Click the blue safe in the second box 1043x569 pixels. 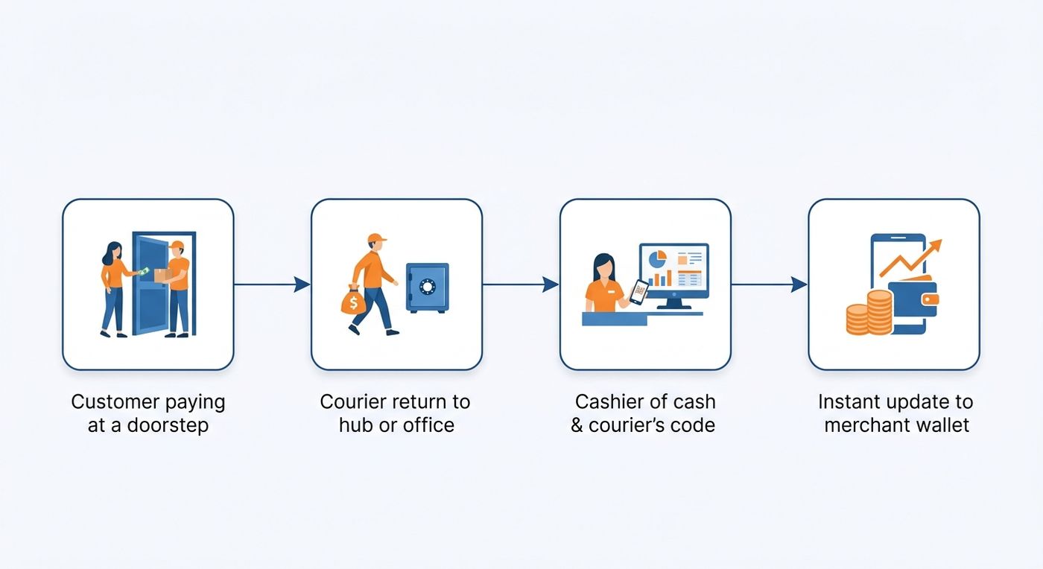[x=428, y=287]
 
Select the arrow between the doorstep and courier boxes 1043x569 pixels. [x=272, y=284]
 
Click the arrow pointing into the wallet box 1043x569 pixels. [x=769, y=284]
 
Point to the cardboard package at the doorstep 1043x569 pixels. [x=162, y=275]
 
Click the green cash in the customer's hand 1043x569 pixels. [x=144, y=271]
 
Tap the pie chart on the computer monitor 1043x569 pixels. [x=657, y=259]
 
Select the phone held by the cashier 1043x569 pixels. [x=639, y=292]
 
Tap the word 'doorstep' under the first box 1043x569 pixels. [x=168, y=425]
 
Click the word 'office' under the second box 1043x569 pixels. [x=428, y=425]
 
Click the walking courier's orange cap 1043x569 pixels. [x=377, y=238]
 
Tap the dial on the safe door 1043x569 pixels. [x=428, y=287]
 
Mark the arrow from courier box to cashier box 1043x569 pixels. [x=521, y=284]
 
